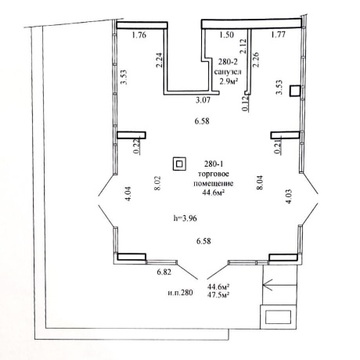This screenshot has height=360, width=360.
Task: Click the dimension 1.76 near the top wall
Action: tap(139, 35)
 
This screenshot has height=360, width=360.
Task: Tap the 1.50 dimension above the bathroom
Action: tap(226, 35)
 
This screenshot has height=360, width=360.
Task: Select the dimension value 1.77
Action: tap(278, 34)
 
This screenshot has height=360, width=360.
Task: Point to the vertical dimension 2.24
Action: tap(160, 60)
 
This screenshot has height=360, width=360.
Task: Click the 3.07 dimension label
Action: tap(203, 100)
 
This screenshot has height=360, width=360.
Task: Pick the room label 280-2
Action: tap(227, 63)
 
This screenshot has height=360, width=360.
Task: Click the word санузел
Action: tap(228, 72)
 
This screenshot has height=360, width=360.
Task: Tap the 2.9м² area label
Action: tap(229, 81)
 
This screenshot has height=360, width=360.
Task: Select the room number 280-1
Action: tap(213, 164)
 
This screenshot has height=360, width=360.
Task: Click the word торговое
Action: tap(214, 174)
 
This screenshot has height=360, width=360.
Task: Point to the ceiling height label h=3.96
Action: tap(185, 218)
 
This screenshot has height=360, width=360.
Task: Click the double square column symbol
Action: tap(179, 164)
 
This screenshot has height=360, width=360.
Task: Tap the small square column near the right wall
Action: tap(295, 92)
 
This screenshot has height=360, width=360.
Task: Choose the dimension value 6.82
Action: tap(164, 272)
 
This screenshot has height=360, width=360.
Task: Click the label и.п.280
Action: tap(180, 293)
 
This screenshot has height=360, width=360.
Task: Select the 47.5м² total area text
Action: tap(218, 294)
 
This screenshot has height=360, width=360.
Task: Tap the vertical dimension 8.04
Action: tap(260, 183)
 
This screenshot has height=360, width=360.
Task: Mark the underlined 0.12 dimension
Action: tap(246, 103)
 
